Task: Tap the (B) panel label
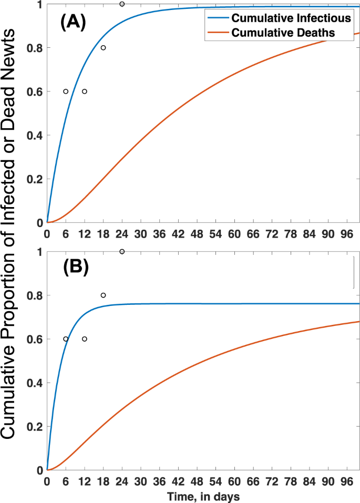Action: (x=75, y=268)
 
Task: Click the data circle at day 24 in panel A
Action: (x=122, y=4)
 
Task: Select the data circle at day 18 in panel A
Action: (x=103, y=48)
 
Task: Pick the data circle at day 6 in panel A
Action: (x=66, y=91)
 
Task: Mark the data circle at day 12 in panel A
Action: (x=85, y=91)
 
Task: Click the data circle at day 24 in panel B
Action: (x=122, y=252)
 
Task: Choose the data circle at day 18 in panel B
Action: (x=103, y=295)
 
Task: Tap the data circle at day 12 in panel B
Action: (x=85, y=339)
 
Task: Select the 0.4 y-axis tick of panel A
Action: (x=35, y=136)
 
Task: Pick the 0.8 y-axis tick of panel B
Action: (x=35, y=295)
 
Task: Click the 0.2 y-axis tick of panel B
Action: (x=35, y=426)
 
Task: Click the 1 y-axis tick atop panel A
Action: (x=39, y=4)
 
